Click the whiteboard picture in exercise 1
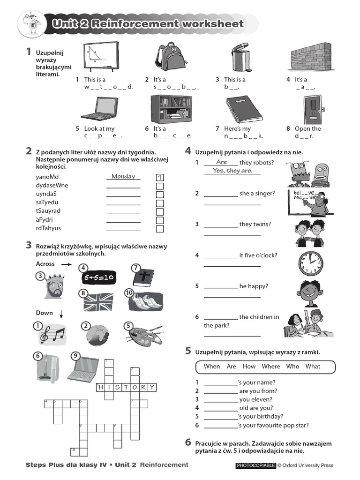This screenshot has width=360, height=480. coord(101,57)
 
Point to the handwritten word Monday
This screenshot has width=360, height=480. coord(123,177)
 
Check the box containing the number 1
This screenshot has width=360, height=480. coord(160,178)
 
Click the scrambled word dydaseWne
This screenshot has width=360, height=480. coord(52,185)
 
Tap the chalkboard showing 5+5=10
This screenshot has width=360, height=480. coord(99,278)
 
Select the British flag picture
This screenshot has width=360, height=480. coord(98,302)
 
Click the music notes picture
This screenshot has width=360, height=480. coord(52,334)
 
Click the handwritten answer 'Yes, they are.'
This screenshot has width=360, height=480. coord(232,171)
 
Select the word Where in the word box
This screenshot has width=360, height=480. coord(271,367)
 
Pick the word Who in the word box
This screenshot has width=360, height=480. coord(292,367)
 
